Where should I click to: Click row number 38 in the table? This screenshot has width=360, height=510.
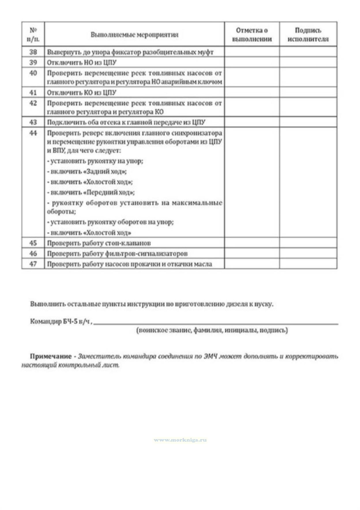(x=33, y=52)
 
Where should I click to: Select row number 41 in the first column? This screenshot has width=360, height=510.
(x=33, y=93)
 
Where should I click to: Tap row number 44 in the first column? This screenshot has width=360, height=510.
(x=33, y=133)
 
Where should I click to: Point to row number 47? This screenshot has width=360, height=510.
(x=33, y=264)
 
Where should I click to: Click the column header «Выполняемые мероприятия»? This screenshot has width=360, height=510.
(x=134, y=35)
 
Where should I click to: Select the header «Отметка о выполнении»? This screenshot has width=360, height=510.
(x=252, y=35)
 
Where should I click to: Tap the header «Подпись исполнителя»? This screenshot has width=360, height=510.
(x=308, y=35)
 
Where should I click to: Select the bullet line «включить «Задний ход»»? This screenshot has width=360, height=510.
(x=87, y=172)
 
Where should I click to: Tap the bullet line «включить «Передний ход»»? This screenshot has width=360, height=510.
(x=91, y=192)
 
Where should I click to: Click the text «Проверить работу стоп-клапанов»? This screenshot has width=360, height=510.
(x=99, y=243)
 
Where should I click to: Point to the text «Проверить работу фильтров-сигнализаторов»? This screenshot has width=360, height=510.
(x=117, y=254)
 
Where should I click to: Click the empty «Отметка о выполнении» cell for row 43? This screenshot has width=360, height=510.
(x=252, y=122)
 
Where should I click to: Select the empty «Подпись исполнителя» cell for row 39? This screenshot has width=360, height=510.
(x=308, y=63)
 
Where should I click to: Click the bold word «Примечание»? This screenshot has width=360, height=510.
(x=51, y=356)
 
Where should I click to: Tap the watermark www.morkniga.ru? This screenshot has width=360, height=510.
(x=180, y=440)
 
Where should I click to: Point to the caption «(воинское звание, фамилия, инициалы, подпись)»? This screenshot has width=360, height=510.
(x=212, y=330)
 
